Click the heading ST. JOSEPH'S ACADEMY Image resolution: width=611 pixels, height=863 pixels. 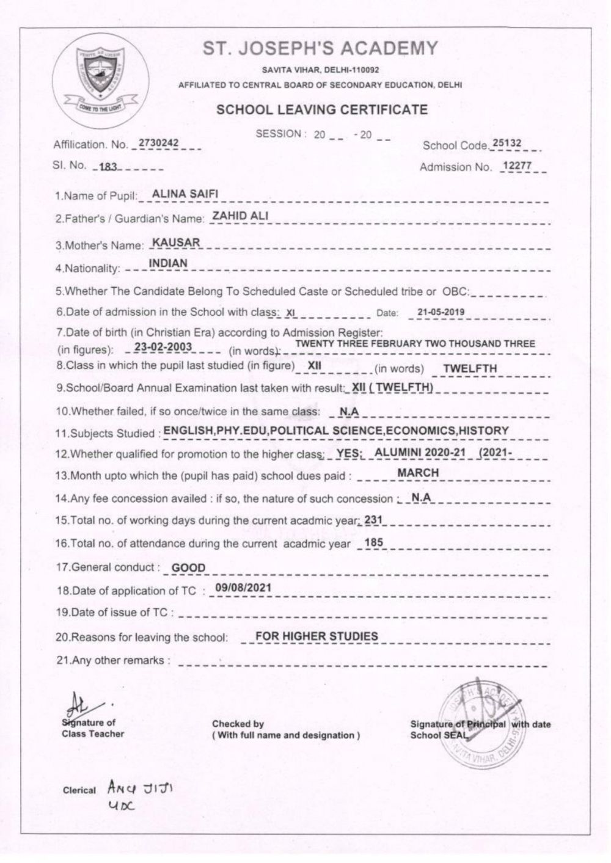[321, 48]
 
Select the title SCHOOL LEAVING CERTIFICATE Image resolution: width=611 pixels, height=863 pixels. [322, 110]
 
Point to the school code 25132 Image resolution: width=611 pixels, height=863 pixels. [507, 143]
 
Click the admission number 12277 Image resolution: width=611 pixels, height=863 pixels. [516, 166]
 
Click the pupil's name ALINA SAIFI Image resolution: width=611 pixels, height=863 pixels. [185, 194]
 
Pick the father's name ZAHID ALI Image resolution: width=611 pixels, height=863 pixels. [240, 216]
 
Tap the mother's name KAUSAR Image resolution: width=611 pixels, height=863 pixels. [176, 243]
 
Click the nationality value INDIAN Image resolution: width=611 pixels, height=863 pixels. [168, 264]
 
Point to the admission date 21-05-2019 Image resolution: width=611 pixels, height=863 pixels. [441, 312]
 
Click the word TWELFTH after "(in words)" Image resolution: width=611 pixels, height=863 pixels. [470, 368]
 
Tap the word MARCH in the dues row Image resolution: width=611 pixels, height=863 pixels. [418, 473]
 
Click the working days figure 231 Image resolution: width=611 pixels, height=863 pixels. [373, 520]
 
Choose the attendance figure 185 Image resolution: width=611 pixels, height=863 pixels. [373, 542]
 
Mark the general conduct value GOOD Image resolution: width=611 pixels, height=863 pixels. [188, 567]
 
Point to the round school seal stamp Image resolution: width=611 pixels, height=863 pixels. [483, 721]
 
